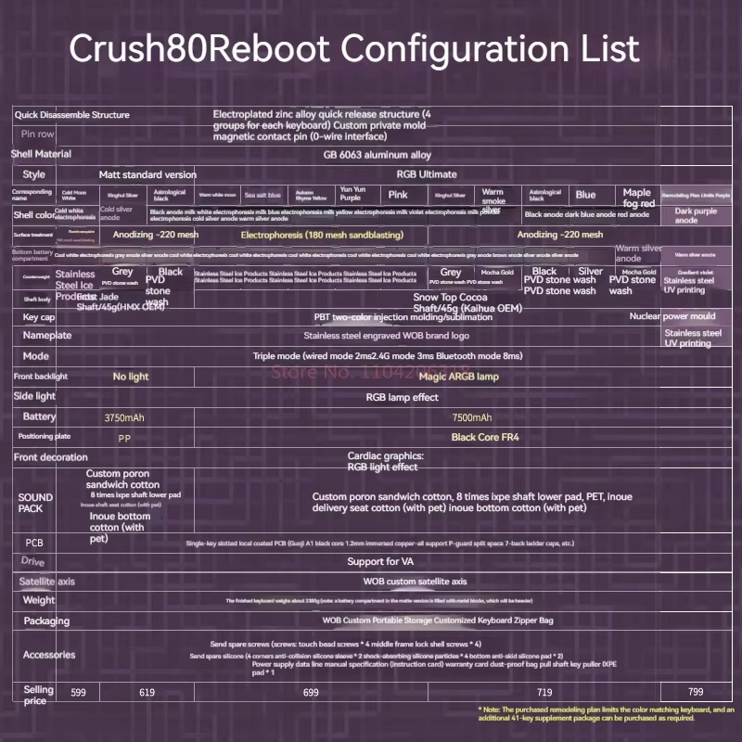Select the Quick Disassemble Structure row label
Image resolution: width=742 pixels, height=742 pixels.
tap(71, 115)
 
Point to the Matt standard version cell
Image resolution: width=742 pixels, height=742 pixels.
tap(147, 174)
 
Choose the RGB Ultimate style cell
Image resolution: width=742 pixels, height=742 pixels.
tap(426, 174)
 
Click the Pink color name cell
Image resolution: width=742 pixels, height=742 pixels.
tap(398, 195)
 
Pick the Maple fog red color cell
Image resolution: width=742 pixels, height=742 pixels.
tap(637, 198)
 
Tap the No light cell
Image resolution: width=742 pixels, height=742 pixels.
tap(131, 377)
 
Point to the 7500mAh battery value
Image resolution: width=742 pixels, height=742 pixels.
tap(472, 418)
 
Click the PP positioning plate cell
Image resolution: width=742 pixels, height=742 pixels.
tap(124, 437)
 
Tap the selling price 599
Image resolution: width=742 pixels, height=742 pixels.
tap(78, 692)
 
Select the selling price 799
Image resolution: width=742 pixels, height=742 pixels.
tap(695, 692)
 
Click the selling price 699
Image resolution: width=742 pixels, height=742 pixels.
tap(310, 692)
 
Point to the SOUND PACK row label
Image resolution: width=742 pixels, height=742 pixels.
tap(35, 503)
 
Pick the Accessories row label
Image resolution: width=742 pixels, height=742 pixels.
tap(49, 655)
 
